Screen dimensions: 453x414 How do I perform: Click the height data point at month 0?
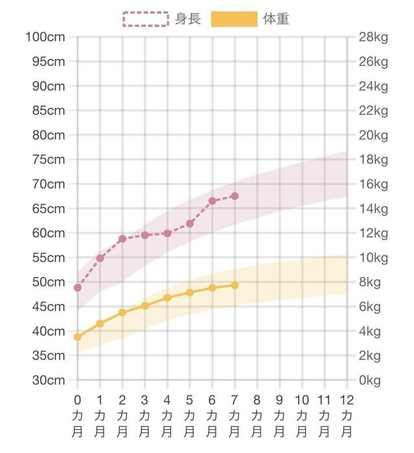pyautogui.click(x=78, y=287)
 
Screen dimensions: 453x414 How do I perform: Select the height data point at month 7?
pyautogui.click(x=235, y=196)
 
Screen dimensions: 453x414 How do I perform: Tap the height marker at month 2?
pyautogui.click(x=122, y=239)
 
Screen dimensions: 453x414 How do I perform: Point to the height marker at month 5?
pyautogui.click(x=190, y=223)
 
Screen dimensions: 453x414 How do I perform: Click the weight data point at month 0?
pyautogui.click(x=78, y=337)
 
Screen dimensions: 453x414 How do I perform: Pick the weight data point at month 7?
pyautogui.click(x=235, y=285)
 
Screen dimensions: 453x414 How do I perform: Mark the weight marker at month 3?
pyautogui.click(x=145, y=305)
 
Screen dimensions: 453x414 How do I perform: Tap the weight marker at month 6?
pyautogui.click(x=212, y=287)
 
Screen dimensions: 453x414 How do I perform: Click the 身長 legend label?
pyautogui.click(x=188, y=19)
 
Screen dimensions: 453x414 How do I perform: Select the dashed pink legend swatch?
pyautogui.click(x=146, y=19)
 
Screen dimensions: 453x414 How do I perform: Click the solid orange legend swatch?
pyautogui.click(x=234, y=19)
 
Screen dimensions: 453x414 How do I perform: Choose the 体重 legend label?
pyautogui.click(x=276, y=19)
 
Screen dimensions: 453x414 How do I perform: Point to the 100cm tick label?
pyautogui.click(x=45, y=37)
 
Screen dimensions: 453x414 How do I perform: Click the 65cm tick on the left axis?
pyautogui.click(x=49, y=208)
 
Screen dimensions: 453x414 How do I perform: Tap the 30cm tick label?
pyautogui.click(x=49, y=380)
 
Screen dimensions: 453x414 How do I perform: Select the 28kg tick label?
pyautogui.click(x=373, y=37)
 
